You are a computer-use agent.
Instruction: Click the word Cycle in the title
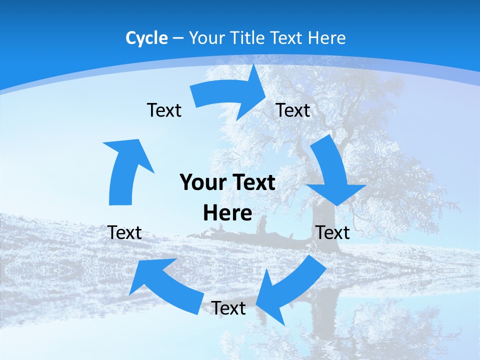146,38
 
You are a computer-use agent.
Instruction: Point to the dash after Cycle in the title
178,38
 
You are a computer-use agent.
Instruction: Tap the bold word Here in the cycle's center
227,213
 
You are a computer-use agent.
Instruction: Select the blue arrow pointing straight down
332,172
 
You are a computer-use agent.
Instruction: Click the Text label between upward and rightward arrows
164,110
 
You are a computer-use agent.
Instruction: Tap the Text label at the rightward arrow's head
293,110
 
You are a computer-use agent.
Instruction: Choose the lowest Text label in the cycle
228,308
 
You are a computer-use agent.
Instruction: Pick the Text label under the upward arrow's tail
124,232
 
